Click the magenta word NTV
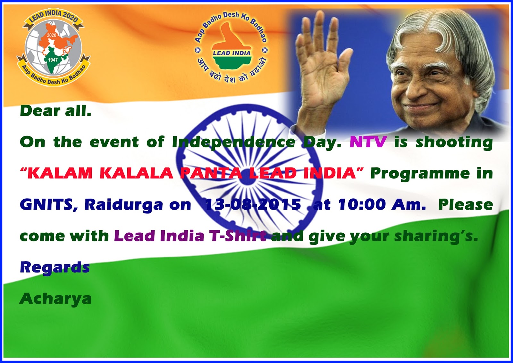[x=368, y=142]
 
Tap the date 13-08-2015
[x=253, y=204]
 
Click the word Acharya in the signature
[x=55, y=299]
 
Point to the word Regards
[x=55, y=267]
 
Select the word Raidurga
[x=123, y=205]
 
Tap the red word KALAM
[x=60, y=173]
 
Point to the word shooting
[x=454, y=142]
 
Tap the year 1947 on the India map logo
[x=53, y=60]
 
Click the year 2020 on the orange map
[x=52, y=35]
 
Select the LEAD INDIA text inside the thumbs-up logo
[x=231, y=53]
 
